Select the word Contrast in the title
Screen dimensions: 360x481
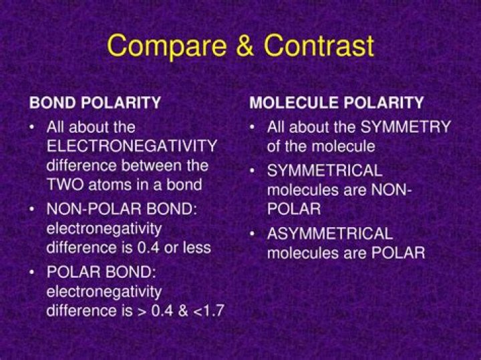tap(319, 46)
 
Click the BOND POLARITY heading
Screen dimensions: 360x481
tap(94, 103)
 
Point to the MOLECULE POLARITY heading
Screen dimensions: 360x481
tap(337, 103)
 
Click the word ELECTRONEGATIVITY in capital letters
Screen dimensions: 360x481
tap(132, 146)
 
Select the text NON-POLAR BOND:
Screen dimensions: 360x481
tap(122, 209)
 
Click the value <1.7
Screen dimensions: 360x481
tap(209, 311)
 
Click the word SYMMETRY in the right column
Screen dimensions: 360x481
tap(406, 127)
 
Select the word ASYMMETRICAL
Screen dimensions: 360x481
tap(330, 234)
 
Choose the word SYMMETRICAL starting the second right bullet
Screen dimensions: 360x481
tap(325, 170)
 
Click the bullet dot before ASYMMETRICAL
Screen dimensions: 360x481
tap(253, 234)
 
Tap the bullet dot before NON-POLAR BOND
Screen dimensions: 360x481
tap(33, 209)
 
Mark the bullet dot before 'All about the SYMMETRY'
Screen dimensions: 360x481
tap(253, 127)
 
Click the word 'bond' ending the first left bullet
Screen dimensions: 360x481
tap(187, 185)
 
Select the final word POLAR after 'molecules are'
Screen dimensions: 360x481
tap(399, 253)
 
